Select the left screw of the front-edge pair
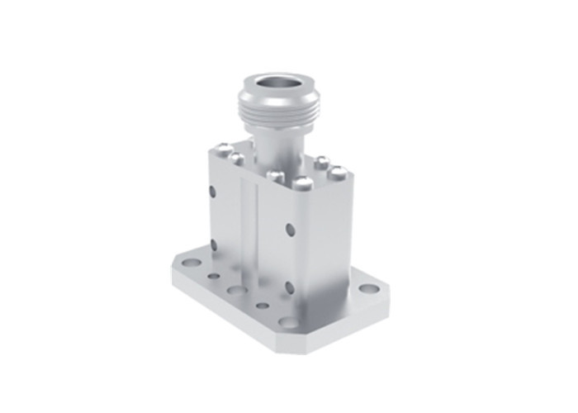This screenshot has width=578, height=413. point(274,175)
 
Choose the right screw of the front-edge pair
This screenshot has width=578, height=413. point(303,183)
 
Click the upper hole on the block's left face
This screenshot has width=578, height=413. point(213,192)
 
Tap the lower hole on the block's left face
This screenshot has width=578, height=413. point(213,243)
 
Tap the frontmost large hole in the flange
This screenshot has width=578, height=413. point(288,321)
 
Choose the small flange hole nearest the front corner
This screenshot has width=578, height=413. point(263,306)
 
